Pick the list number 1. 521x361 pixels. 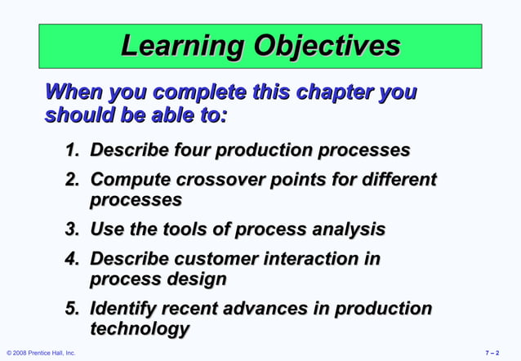pos(72,152)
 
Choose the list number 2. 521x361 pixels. pos(72,180)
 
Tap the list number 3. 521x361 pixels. pos(72,230)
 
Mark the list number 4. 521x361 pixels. pos(72,260)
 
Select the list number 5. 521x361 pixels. pos(72,310)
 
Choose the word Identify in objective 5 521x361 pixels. pos(123,310)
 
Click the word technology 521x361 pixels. pos(139,329)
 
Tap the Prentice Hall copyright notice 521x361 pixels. pos(41,353)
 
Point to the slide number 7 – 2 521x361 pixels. pos(495,353)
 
